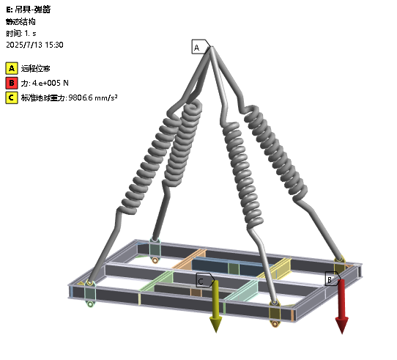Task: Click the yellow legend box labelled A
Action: [12, 68]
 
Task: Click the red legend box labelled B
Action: [12, 83]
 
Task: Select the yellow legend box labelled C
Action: [12, 98]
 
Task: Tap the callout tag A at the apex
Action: [201, 47]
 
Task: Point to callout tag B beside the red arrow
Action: [333, 279]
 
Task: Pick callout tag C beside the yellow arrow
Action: [205, 280]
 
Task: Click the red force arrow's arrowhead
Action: [342, 325]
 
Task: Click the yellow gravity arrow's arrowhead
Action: [216, 324]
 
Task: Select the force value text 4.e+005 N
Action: [50, 83]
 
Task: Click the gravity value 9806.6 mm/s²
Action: [93, 98]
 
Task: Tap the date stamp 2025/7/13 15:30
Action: [34, 45]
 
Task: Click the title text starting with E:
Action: [29, 10]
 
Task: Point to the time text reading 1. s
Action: [30, 34]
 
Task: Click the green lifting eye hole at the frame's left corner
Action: [90, 304]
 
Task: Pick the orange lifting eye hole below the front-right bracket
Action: [275, 324]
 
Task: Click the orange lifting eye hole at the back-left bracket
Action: [155, 260]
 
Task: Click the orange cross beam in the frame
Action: [190, 259]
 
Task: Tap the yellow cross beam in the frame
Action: [275, 269]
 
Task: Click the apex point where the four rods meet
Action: [212, 47]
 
